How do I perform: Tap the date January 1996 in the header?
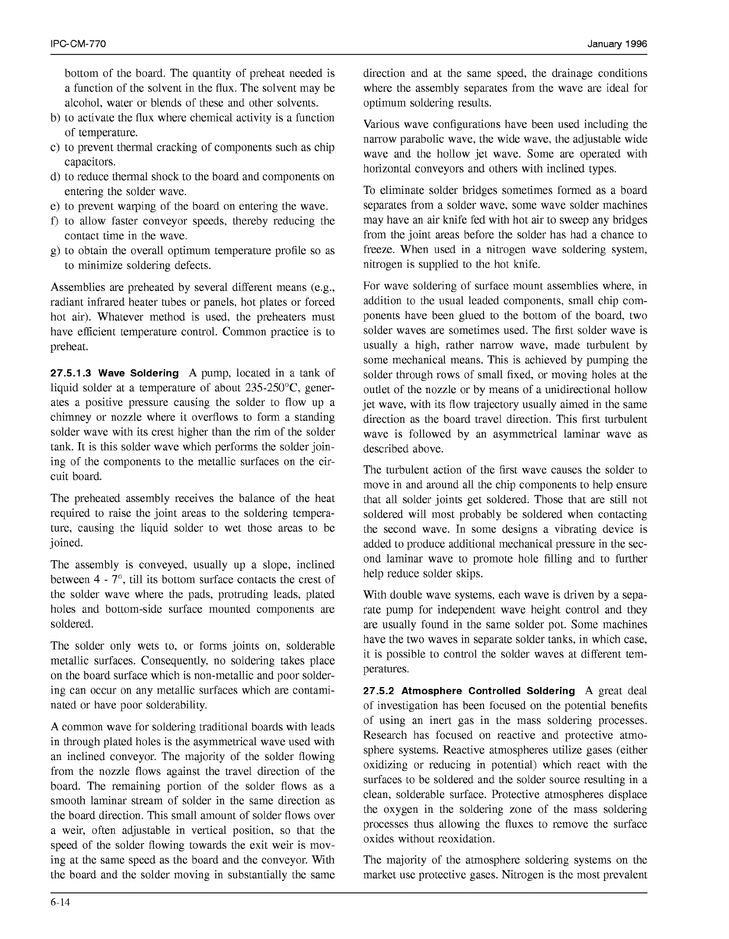tap(617, 44)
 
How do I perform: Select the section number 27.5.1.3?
tap(72, 373)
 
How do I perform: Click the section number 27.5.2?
tap(380, 691)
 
